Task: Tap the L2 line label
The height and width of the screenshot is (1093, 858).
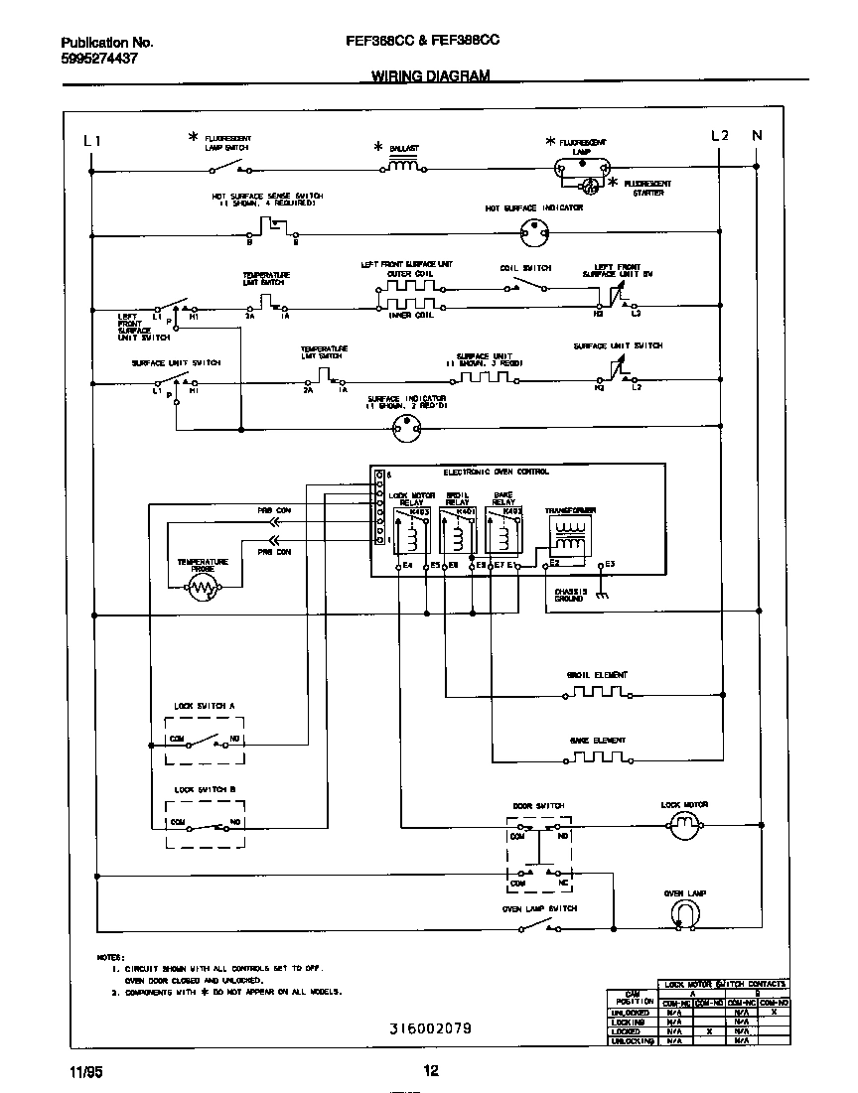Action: click(721, 136)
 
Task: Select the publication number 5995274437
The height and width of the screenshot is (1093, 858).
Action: click(99, 59)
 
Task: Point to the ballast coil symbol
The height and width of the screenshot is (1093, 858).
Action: click(402, 166)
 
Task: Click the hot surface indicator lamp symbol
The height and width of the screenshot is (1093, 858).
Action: click(535, 233)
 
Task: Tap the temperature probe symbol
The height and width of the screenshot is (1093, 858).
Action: click(203, 588)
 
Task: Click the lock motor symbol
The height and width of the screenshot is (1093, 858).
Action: click(682, 823)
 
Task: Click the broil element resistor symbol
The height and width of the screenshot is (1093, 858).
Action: click(597, 691)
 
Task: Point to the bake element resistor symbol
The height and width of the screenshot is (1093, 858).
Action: click(597, 756)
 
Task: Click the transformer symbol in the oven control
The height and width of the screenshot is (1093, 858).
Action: click(569, 533)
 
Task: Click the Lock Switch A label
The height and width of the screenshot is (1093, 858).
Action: click(205, 705)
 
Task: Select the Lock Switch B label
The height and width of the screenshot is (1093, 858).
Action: click(205, 789)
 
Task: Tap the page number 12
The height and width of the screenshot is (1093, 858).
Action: click(430, 1070)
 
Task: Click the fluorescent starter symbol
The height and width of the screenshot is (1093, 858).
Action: click(589, 186)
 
